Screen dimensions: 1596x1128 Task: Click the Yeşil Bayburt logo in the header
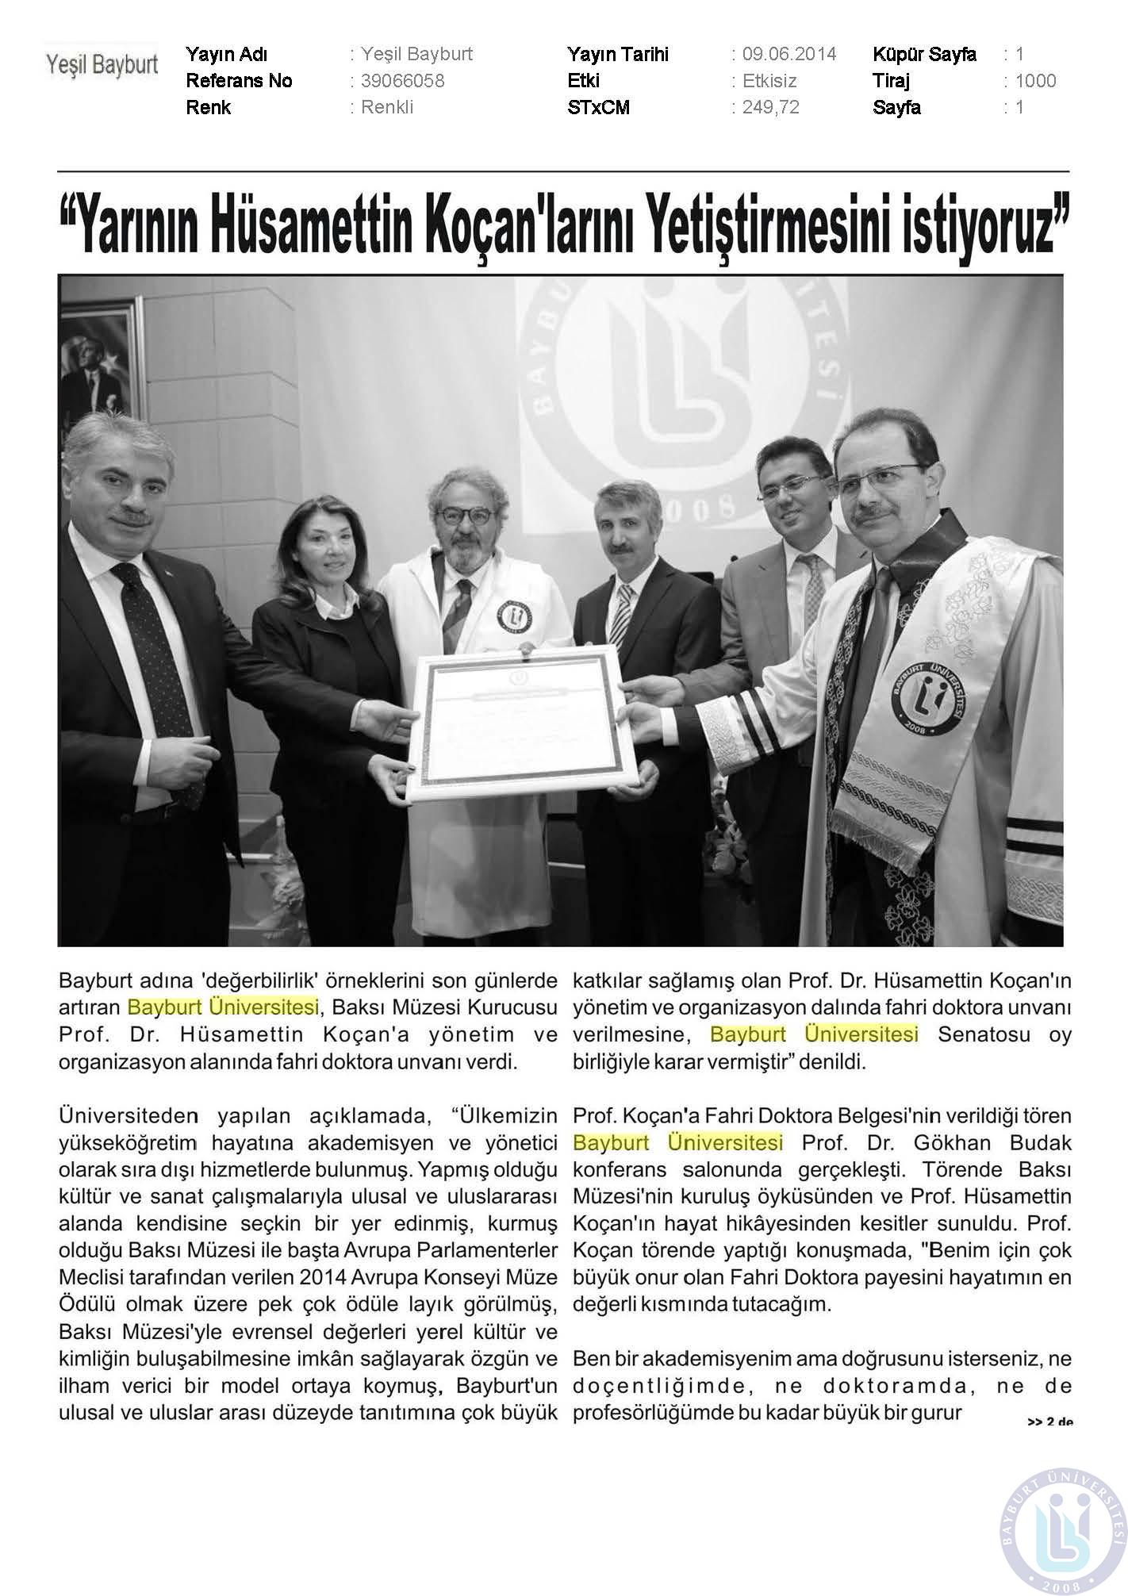(102, 64)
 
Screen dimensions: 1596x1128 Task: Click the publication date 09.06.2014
(789, 54)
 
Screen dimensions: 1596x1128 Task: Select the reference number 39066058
(402, 81)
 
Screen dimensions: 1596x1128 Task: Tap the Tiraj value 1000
(1035, 81)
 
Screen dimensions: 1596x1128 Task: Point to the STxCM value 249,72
(770, 107)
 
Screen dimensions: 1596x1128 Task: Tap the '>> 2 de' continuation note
(1050, 1421)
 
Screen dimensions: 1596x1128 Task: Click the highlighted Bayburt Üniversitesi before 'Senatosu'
(814, 1034)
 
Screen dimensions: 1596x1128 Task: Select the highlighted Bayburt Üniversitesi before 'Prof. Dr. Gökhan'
(677, 1143)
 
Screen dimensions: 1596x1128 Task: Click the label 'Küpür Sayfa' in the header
(924, 54)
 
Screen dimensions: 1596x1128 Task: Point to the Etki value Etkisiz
(769, 81)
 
